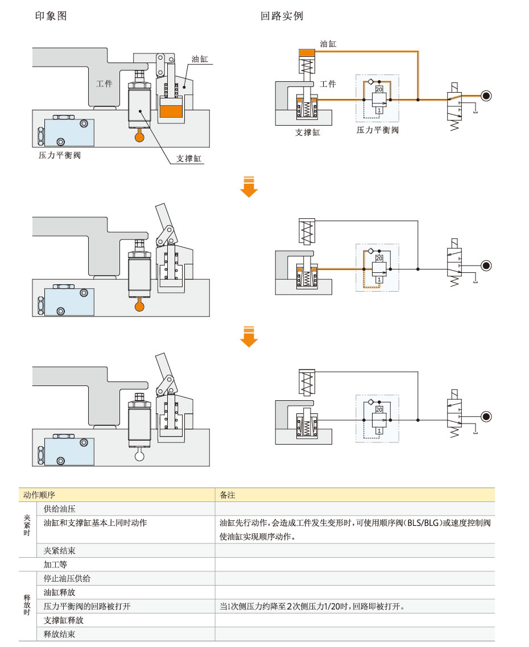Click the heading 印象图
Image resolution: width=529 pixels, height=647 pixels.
coord(51,16)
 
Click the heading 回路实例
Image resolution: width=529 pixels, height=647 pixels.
coord(282,16)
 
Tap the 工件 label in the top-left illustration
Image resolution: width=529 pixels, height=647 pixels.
coord(104,84)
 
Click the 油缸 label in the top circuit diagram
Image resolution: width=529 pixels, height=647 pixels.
coord(328,43)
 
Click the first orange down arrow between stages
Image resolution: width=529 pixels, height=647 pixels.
coord(249,187)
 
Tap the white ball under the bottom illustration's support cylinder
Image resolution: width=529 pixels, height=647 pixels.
coord(139,455)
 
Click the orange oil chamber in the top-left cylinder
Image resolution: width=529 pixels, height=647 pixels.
coord(171,111)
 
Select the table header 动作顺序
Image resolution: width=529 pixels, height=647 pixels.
coord(39,495)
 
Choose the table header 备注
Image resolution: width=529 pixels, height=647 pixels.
coord(228,495)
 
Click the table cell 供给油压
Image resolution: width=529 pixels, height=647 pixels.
coord(60,509)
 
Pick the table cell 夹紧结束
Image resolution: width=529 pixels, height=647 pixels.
coord(60,550)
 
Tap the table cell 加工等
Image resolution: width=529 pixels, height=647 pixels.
coord(56,565)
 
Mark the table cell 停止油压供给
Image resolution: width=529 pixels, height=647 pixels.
coord(67,579)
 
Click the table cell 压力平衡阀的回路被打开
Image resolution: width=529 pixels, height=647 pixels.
coord(87,606)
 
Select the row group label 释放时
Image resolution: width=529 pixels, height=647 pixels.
coord(27,606)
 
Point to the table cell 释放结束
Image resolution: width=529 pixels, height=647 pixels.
coord(60,634)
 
